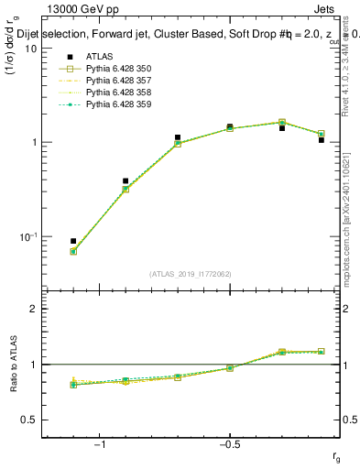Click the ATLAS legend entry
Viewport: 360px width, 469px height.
100,56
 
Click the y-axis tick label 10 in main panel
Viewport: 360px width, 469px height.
30,49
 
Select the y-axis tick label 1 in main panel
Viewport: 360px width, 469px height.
34,143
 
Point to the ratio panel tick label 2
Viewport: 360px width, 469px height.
34,310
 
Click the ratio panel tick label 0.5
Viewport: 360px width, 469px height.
30,420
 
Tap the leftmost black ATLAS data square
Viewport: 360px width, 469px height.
73,241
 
